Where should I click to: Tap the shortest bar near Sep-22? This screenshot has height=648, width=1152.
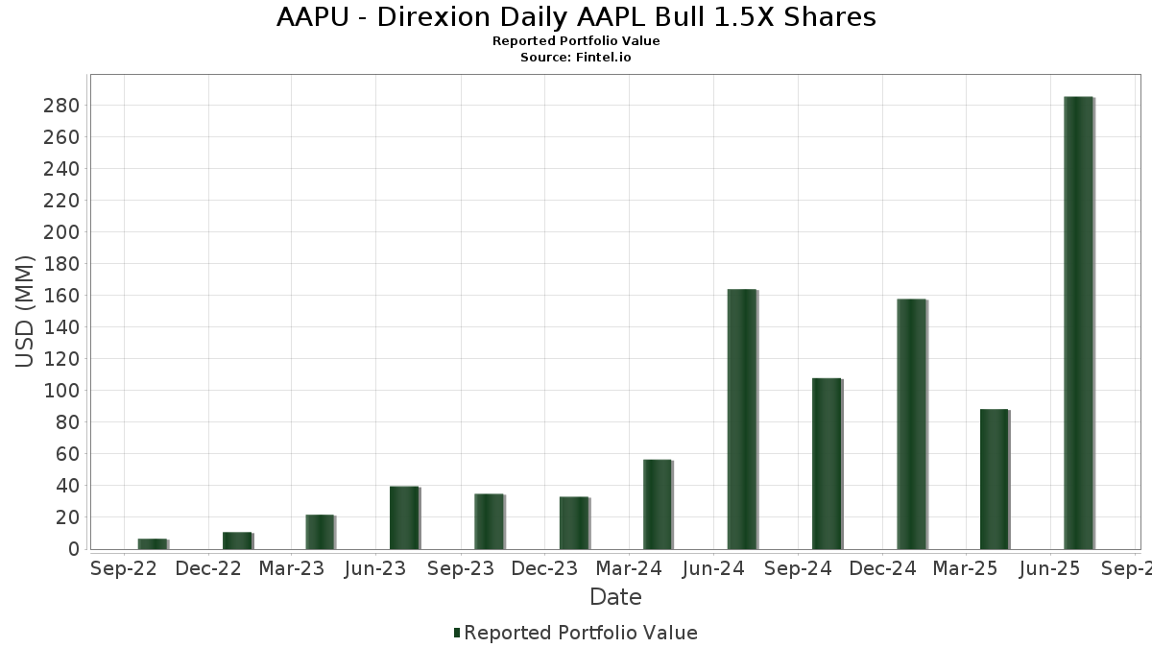click(152, 544)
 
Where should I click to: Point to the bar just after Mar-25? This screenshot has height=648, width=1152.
click(994, 479)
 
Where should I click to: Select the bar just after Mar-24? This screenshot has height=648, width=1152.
click(657, 504)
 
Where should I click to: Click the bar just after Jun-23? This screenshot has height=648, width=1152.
click(404, 517)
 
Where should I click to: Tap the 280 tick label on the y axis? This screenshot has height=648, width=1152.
click(60, 106)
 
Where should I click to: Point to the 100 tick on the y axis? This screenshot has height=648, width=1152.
click(60, 391)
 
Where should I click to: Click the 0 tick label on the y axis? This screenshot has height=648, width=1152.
click(73, 549)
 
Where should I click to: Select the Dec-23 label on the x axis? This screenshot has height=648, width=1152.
click(544, 569)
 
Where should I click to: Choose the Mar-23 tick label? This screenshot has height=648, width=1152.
click(291, 569)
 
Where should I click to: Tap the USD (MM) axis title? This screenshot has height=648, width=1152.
click(26, 311)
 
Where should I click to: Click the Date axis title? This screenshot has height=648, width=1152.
click(615, 597)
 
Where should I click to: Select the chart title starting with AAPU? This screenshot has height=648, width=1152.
click(576, 17)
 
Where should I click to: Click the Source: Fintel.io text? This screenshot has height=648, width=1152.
click(576, 57)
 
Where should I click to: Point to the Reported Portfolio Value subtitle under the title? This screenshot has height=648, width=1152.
click(576, 41)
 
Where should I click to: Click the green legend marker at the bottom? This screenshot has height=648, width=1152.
click(457, 633)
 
